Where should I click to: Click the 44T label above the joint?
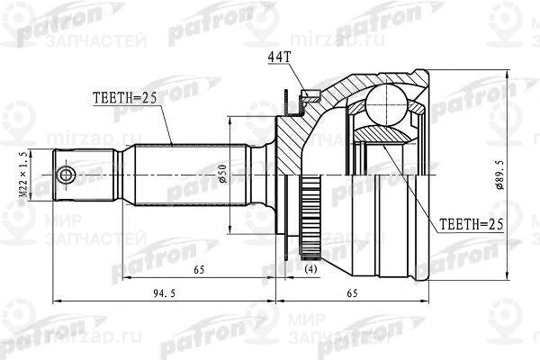point(280,58)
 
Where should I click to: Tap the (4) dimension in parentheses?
point(309,267)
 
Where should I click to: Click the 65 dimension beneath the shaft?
point(198,267)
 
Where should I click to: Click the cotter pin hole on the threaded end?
point(65,173)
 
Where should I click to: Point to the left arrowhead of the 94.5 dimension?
point(56,299)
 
